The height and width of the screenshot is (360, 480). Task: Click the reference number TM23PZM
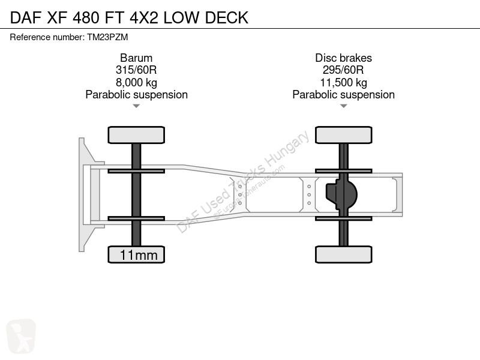[x=107, y=37]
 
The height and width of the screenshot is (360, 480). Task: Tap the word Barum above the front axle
[x=136, y=58]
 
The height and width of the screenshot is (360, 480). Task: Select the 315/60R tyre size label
[x=136, y=70]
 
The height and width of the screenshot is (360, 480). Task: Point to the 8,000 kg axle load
[x=136, y=82]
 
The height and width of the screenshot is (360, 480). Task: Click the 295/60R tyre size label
[x=343, y=70]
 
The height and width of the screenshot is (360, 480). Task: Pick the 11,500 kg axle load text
[x=343, y=82]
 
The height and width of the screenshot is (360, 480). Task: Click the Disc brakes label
[x=343, y=58]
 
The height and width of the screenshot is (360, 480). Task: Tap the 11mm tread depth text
[x=139, y=255]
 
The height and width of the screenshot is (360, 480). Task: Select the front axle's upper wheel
[x=136, y=135]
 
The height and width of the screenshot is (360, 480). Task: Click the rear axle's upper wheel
[x=343, y=135]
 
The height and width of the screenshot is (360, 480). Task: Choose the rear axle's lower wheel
[x=343, y=254]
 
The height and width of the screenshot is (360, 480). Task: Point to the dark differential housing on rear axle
[x=341, y=194]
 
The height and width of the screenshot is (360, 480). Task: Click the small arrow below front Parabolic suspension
[x=136, y=106]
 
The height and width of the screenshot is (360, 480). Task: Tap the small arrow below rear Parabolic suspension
[x=343, y=106]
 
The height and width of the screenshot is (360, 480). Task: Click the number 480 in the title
[x=86, y=17]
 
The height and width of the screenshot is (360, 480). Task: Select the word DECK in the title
[x=227, y=17]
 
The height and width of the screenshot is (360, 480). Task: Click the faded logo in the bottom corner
[x=21, y=336]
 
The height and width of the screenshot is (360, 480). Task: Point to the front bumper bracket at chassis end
[x=89, y=194]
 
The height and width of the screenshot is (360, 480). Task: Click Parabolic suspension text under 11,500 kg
[x=343, y=95]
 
